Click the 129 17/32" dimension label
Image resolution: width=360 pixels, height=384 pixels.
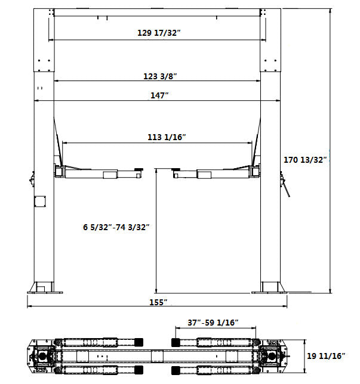pos(159,33)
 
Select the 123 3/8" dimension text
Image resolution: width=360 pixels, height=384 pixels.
pos(159,76)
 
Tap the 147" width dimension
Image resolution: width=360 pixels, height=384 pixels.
pos(159,95)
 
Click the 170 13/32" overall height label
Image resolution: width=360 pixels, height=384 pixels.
pos(307,160)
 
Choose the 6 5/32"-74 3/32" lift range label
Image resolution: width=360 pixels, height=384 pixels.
pos(116,227)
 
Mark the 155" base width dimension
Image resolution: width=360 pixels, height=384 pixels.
pos(158,302)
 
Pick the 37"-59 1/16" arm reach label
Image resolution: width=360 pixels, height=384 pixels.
pos(213,323)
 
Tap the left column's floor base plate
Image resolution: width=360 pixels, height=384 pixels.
pos(45,291)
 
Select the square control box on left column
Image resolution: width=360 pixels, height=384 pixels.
pos(41,200)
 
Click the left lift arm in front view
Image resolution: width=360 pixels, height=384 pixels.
pos(99,174)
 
